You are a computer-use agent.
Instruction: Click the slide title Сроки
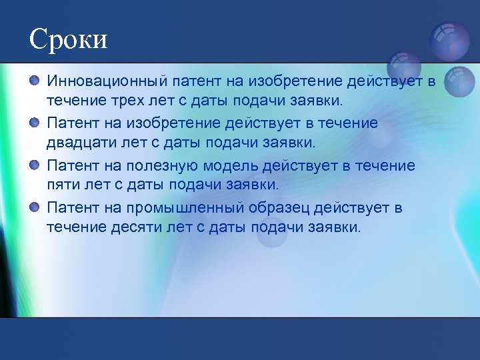pos(68,39)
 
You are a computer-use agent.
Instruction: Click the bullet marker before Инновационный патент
pos(35,81)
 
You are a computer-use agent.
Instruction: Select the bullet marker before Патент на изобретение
pos(35,123)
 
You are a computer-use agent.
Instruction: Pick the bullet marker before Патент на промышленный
pos(35,207)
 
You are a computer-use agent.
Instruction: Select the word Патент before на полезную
pos(73,165)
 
